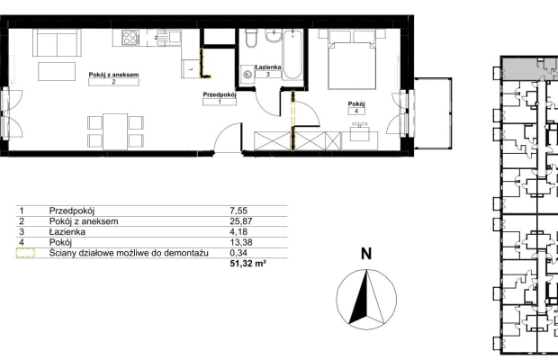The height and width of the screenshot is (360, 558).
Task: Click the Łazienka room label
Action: [x=268, y=67]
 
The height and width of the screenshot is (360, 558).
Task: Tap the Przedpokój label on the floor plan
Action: [x=220, y=94]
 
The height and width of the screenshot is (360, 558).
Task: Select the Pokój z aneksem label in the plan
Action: [x=113, y=75]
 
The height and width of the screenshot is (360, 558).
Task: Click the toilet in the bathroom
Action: [x=251, y=39]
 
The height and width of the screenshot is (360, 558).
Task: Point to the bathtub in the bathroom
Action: [x=292, y=55]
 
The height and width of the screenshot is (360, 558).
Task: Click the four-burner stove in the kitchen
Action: [x=130, y=38]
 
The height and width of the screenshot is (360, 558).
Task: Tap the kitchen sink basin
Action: [x=175, y=37]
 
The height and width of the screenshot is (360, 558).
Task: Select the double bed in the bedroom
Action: [x=352, y=59]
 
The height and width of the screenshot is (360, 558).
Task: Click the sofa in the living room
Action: [x=57, y=42]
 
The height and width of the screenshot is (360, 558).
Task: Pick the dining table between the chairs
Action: [x=115, y=131]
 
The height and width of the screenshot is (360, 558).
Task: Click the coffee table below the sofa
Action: [x=57, y=71]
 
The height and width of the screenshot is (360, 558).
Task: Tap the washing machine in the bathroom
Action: [x=247, y=75]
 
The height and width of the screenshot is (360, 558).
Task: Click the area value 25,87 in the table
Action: [x=241, y=221]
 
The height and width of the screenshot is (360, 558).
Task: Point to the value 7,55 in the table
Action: [x=238, y=211]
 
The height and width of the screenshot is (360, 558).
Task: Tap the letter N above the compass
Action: [x=366, y=254]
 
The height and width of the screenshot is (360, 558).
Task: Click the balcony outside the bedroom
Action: [x=433, y=113]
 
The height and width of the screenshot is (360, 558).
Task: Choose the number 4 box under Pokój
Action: [x=356, y=111]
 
